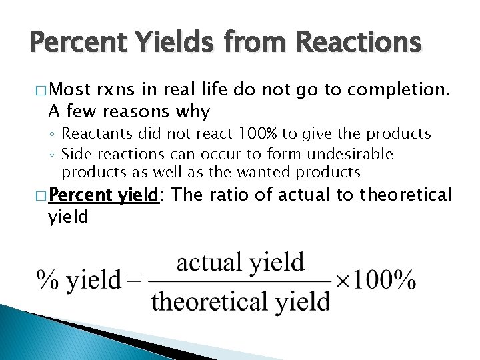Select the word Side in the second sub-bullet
point(74,155)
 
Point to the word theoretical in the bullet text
point(406,195)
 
